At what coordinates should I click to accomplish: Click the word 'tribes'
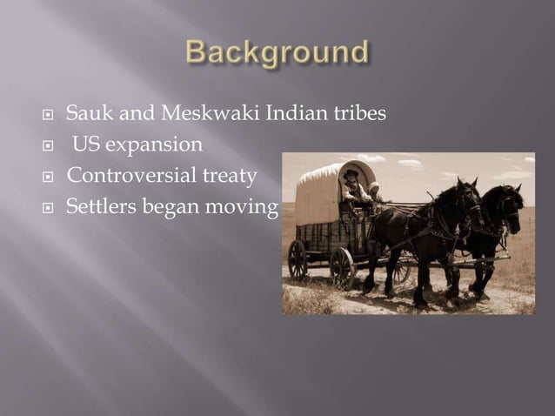[353, 113]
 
